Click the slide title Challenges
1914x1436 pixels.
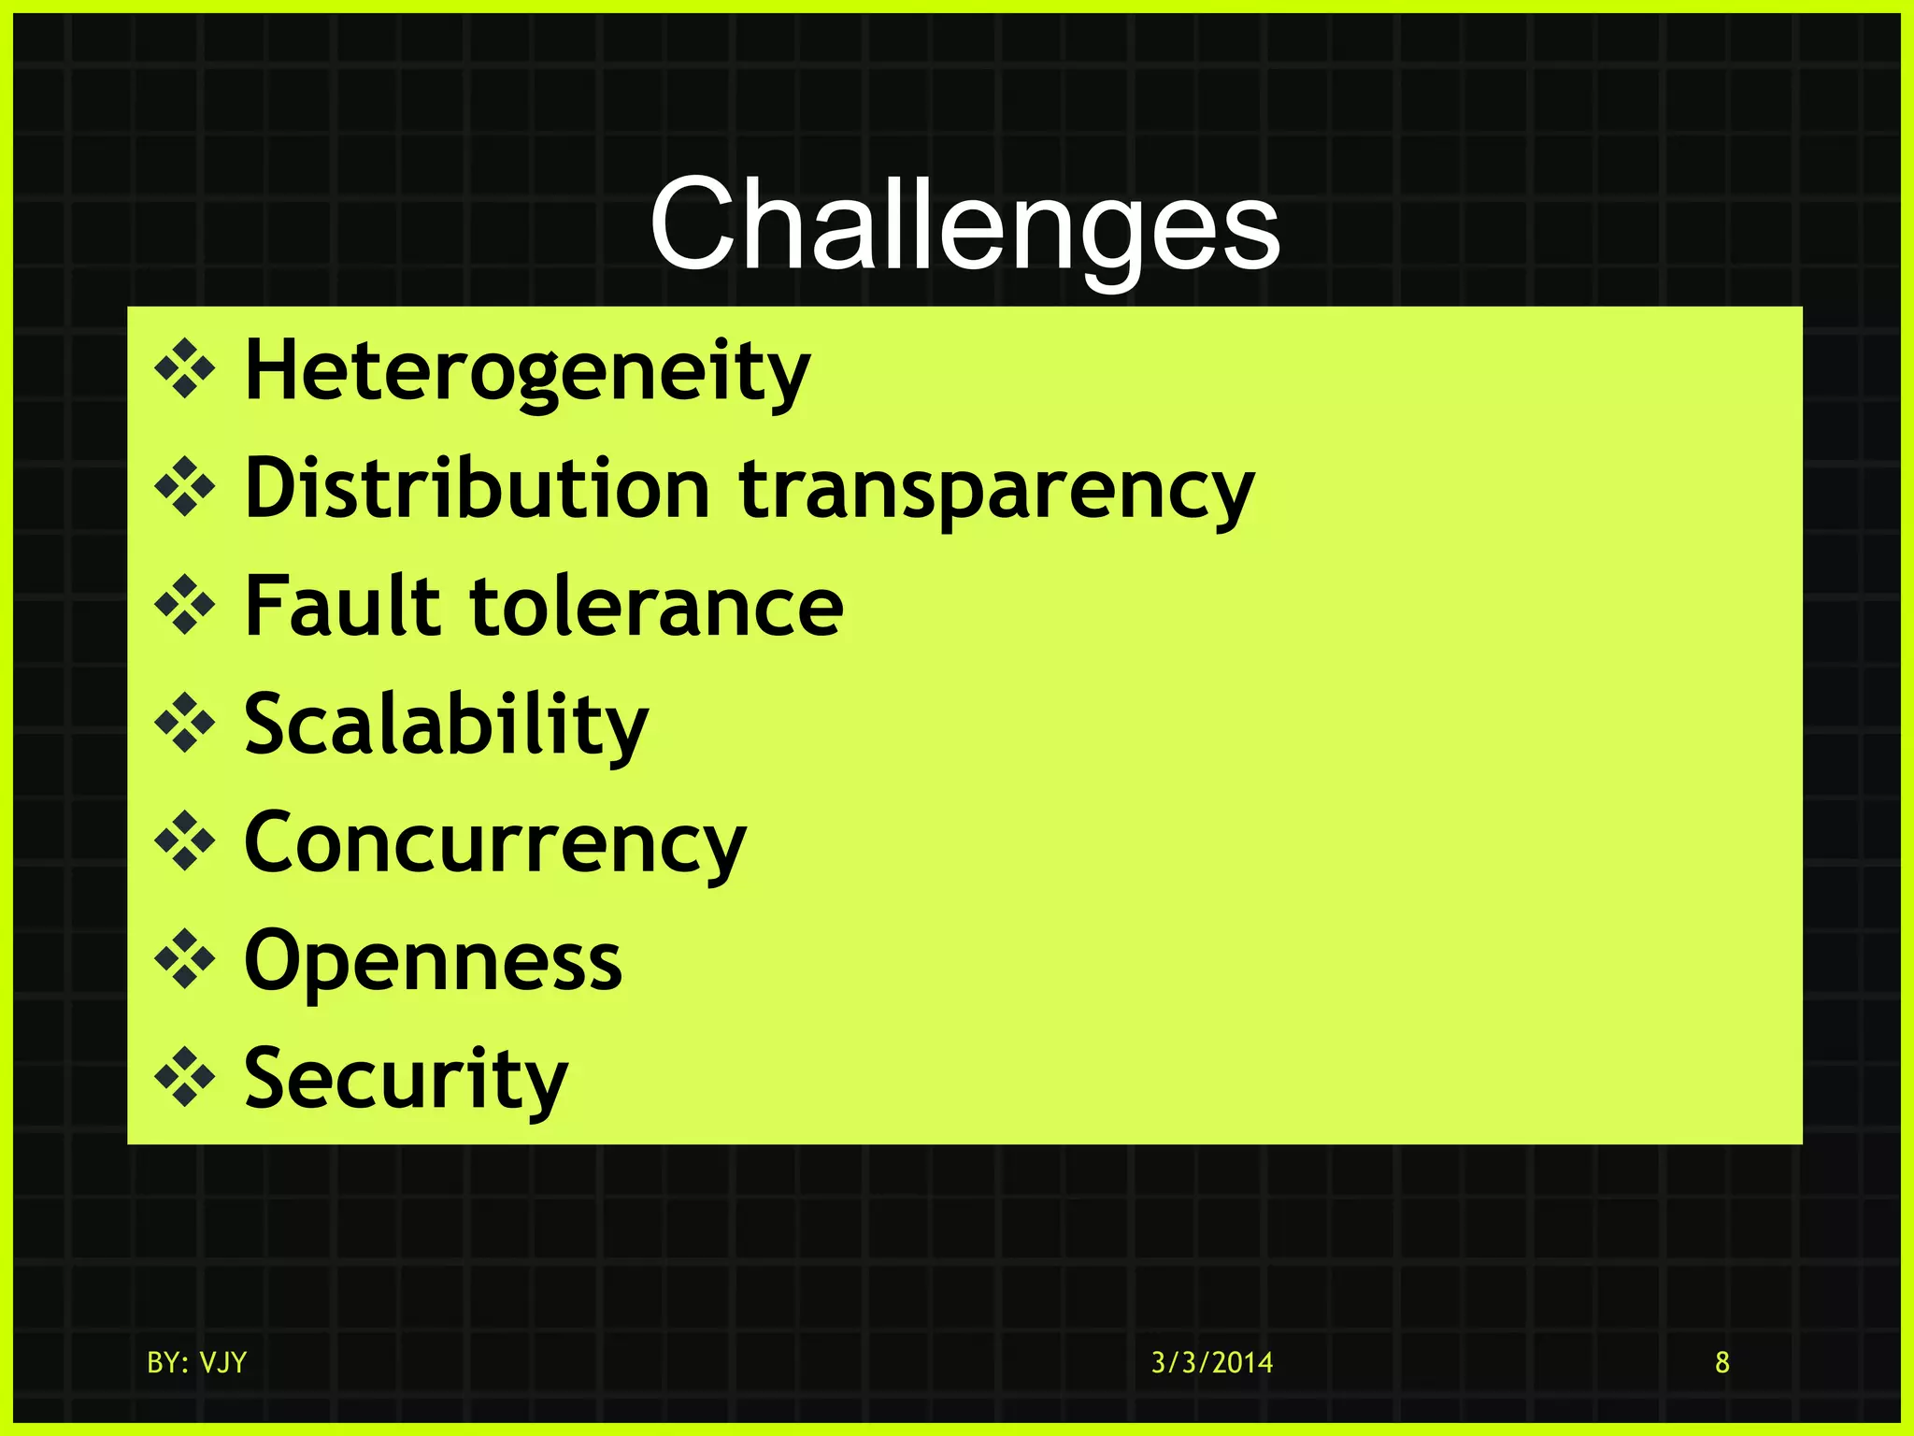point(964,227)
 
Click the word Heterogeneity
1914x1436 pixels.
point(527,371)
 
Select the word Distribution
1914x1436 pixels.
point(478,489)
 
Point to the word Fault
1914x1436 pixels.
point(342,607)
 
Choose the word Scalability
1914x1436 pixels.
point(446,725)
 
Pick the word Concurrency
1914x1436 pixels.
point(495,844)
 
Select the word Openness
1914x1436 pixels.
point(433,961)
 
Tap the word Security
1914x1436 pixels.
point(406,1080)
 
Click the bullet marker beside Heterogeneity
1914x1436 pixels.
point(185,369)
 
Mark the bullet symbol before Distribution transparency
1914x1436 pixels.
point(185,487)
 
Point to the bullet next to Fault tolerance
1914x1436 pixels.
point(185,606)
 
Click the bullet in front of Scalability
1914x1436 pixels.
point(185,724)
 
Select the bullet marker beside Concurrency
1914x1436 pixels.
point(185,841)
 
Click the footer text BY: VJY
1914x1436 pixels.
point(197,1363)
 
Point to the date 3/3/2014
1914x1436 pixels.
point(1212,1363)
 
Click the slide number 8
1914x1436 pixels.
point(1722,1363)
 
